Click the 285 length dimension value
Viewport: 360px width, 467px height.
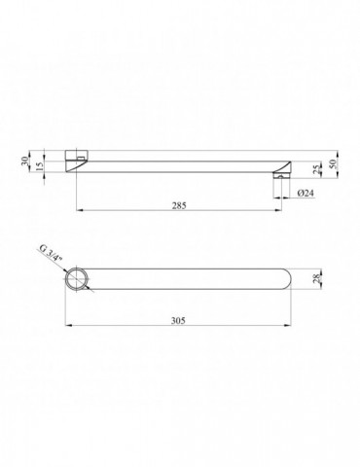(179, 205)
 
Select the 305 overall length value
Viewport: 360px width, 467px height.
(178, 320)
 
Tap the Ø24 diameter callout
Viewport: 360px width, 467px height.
(306, 193)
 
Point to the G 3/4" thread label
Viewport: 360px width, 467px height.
(51, 255)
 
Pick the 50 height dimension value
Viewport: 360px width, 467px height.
(333, 163)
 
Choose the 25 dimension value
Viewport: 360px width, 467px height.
(317, 168)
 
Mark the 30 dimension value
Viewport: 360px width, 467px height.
(24, 162)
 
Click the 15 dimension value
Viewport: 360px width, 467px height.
(39, 166)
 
